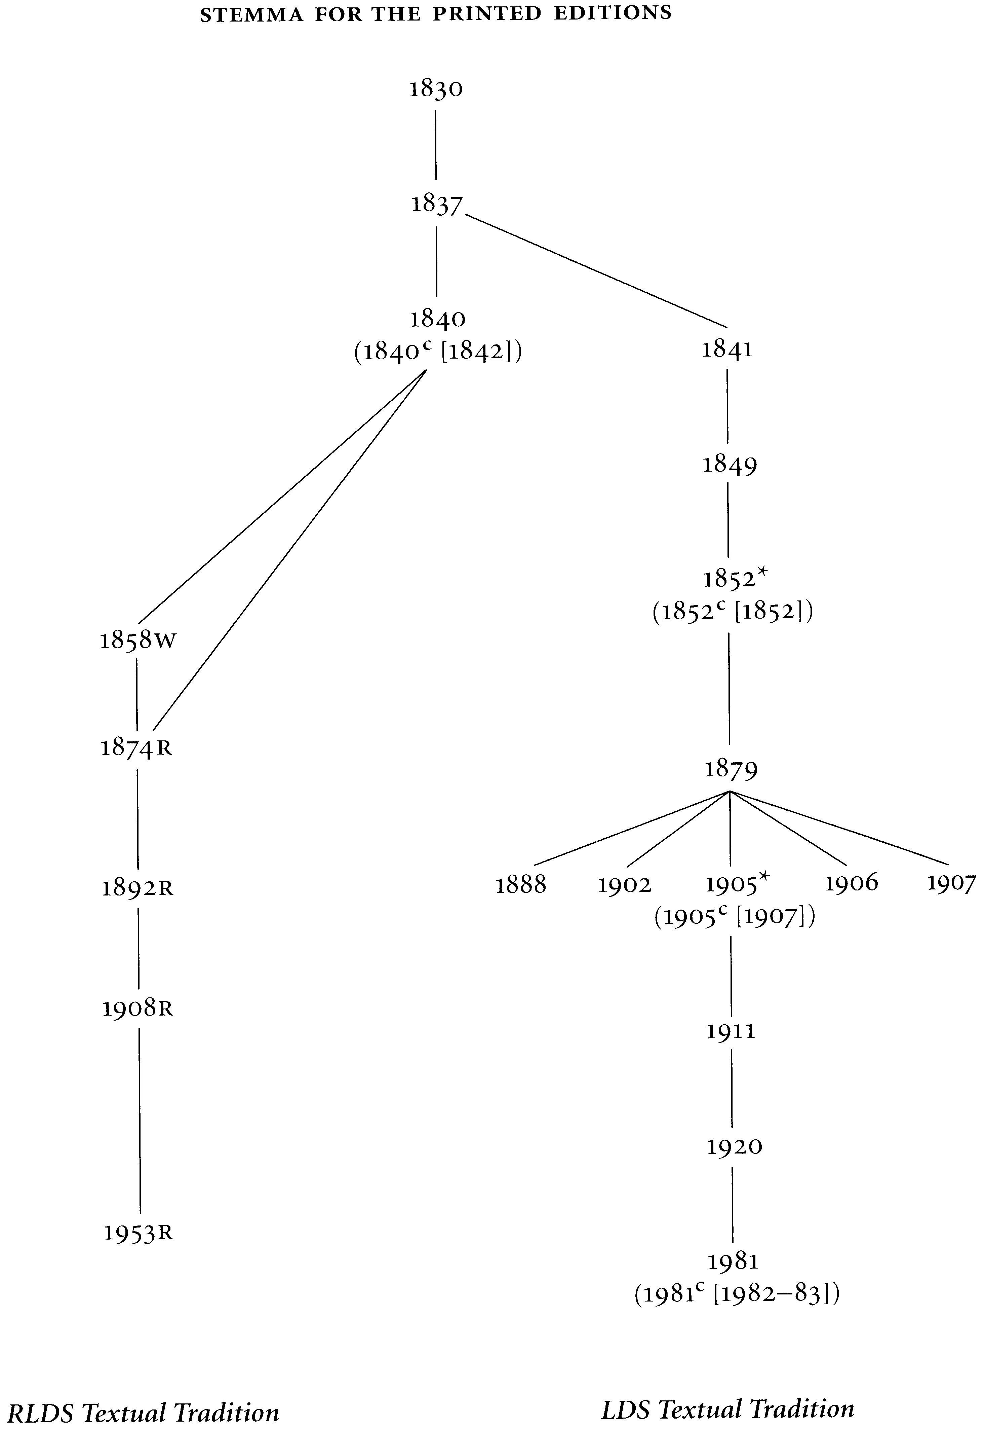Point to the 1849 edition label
coord(730,465)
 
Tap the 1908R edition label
coord(138,1009)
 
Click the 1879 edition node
coord(731,769)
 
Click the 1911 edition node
coord(731,1031)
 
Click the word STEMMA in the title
coord(251,15)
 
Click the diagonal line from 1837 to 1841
coord(596,270)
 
